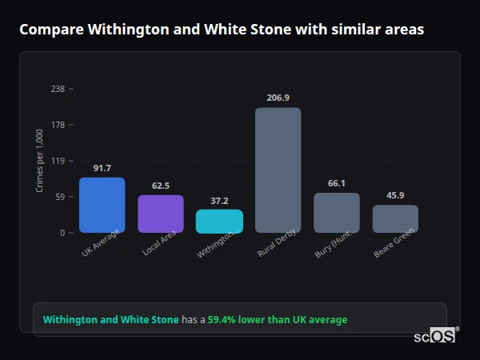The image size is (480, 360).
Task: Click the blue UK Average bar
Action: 102,205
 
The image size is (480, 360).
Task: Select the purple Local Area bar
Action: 161,214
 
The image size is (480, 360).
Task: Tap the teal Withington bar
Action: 219,221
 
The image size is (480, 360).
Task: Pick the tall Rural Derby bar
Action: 278,170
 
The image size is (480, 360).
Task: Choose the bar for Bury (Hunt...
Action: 337,213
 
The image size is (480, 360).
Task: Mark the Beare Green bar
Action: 395,218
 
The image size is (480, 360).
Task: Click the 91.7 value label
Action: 102,168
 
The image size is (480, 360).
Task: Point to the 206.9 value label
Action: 278,98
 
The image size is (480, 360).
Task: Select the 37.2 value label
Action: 219,201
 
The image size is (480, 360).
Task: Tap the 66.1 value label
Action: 337,183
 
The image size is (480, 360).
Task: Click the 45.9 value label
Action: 395,195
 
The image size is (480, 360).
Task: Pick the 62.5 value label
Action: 161,186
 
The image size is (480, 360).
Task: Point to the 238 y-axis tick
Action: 58,89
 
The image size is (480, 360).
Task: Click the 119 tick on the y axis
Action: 58,161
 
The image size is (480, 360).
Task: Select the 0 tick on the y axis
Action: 62,233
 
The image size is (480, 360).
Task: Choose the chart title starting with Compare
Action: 222,30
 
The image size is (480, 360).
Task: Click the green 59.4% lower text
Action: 278,320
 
